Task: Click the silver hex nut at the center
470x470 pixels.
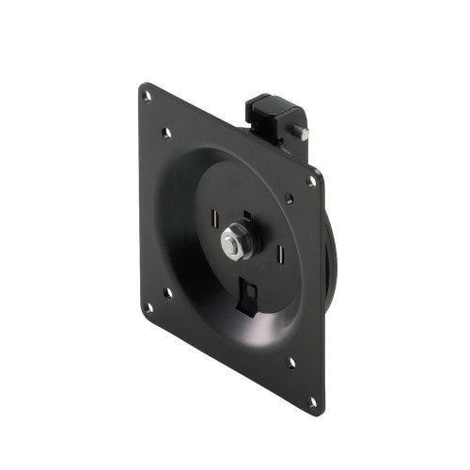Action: coord(231,245)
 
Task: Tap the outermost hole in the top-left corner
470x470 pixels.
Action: coord(146,95)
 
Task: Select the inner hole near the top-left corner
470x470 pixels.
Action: coord(166,133)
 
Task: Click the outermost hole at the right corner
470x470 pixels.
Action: coord(312,181)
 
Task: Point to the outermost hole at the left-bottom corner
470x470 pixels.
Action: coord(147,305)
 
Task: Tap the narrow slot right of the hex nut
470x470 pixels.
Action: coord(280,256)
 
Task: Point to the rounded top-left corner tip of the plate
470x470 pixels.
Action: coord(141,87)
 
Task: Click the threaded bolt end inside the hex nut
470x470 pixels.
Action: coord(229,245)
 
